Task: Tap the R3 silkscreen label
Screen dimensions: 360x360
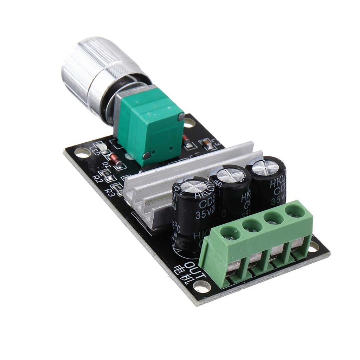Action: (110, 193)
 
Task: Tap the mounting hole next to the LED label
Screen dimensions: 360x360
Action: (83, 153)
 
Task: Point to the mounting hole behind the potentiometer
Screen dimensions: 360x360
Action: (189, 123)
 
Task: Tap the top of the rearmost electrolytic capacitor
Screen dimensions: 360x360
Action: (266, 167)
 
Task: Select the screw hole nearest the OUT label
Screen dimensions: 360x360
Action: (230, 232)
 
